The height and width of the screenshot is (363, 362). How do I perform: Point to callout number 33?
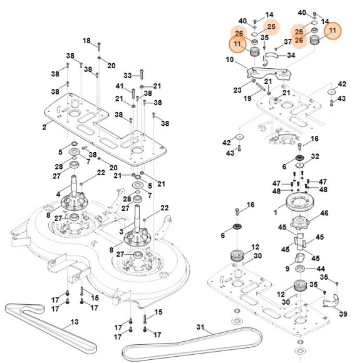pos(127,76)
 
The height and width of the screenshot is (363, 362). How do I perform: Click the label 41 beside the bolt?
pos(119,86)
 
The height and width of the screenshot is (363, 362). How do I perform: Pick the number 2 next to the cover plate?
pos(44,127)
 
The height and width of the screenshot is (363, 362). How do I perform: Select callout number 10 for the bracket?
pos(229,60)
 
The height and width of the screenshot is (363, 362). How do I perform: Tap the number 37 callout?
pos(288,42)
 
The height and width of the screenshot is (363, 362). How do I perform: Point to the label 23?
pos(237,90)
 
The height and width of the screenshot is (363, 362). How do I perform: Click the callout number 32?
pos(315,156)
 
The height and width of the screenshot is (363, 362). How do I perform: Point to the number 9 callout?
pos(287,269)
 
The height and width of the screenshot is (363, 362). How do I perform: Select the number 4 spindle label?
pos(58,195)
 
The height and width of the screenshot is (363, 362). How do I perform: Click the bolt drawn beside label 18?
pos(98,44)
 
